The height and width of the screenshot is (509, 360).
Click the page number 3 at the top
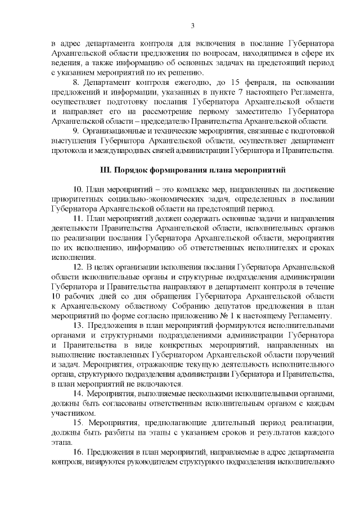(192, 25)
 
